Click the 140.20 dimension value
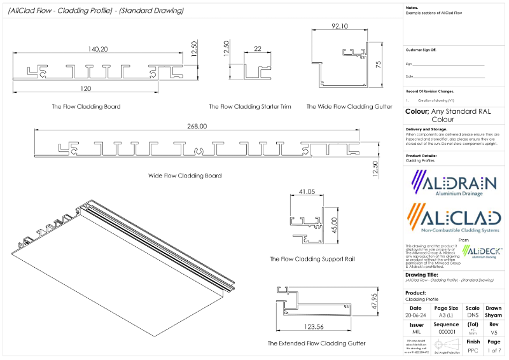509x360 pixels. pyautogui.click(x=99, y=48)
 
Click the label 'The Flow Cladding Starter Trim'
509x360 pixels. pyautogui.click(x=250, y=107)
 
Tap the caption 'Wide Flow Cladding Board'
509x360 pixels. pyautogui.click(x=185, y=176)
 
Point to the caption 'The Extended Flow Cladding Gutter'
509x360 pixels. pyautogui.click(x=317, y=343)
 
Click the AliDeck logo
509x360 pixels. pyautogui.click(x=482, y=251)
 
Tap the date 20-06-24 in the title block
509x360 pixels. pyautogui.click(x=415, y=315)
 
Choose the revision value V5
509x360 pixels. pyautogui.click(x=494, y=333)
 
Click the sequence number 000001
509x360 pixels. pyautogui.click(x=446, y=333)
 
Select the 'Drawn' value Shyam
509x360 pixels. pyautogui.click(x=494, y=315)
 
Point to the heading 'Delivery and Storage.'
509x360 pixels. pyautogui.click(x=431, y=128)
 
